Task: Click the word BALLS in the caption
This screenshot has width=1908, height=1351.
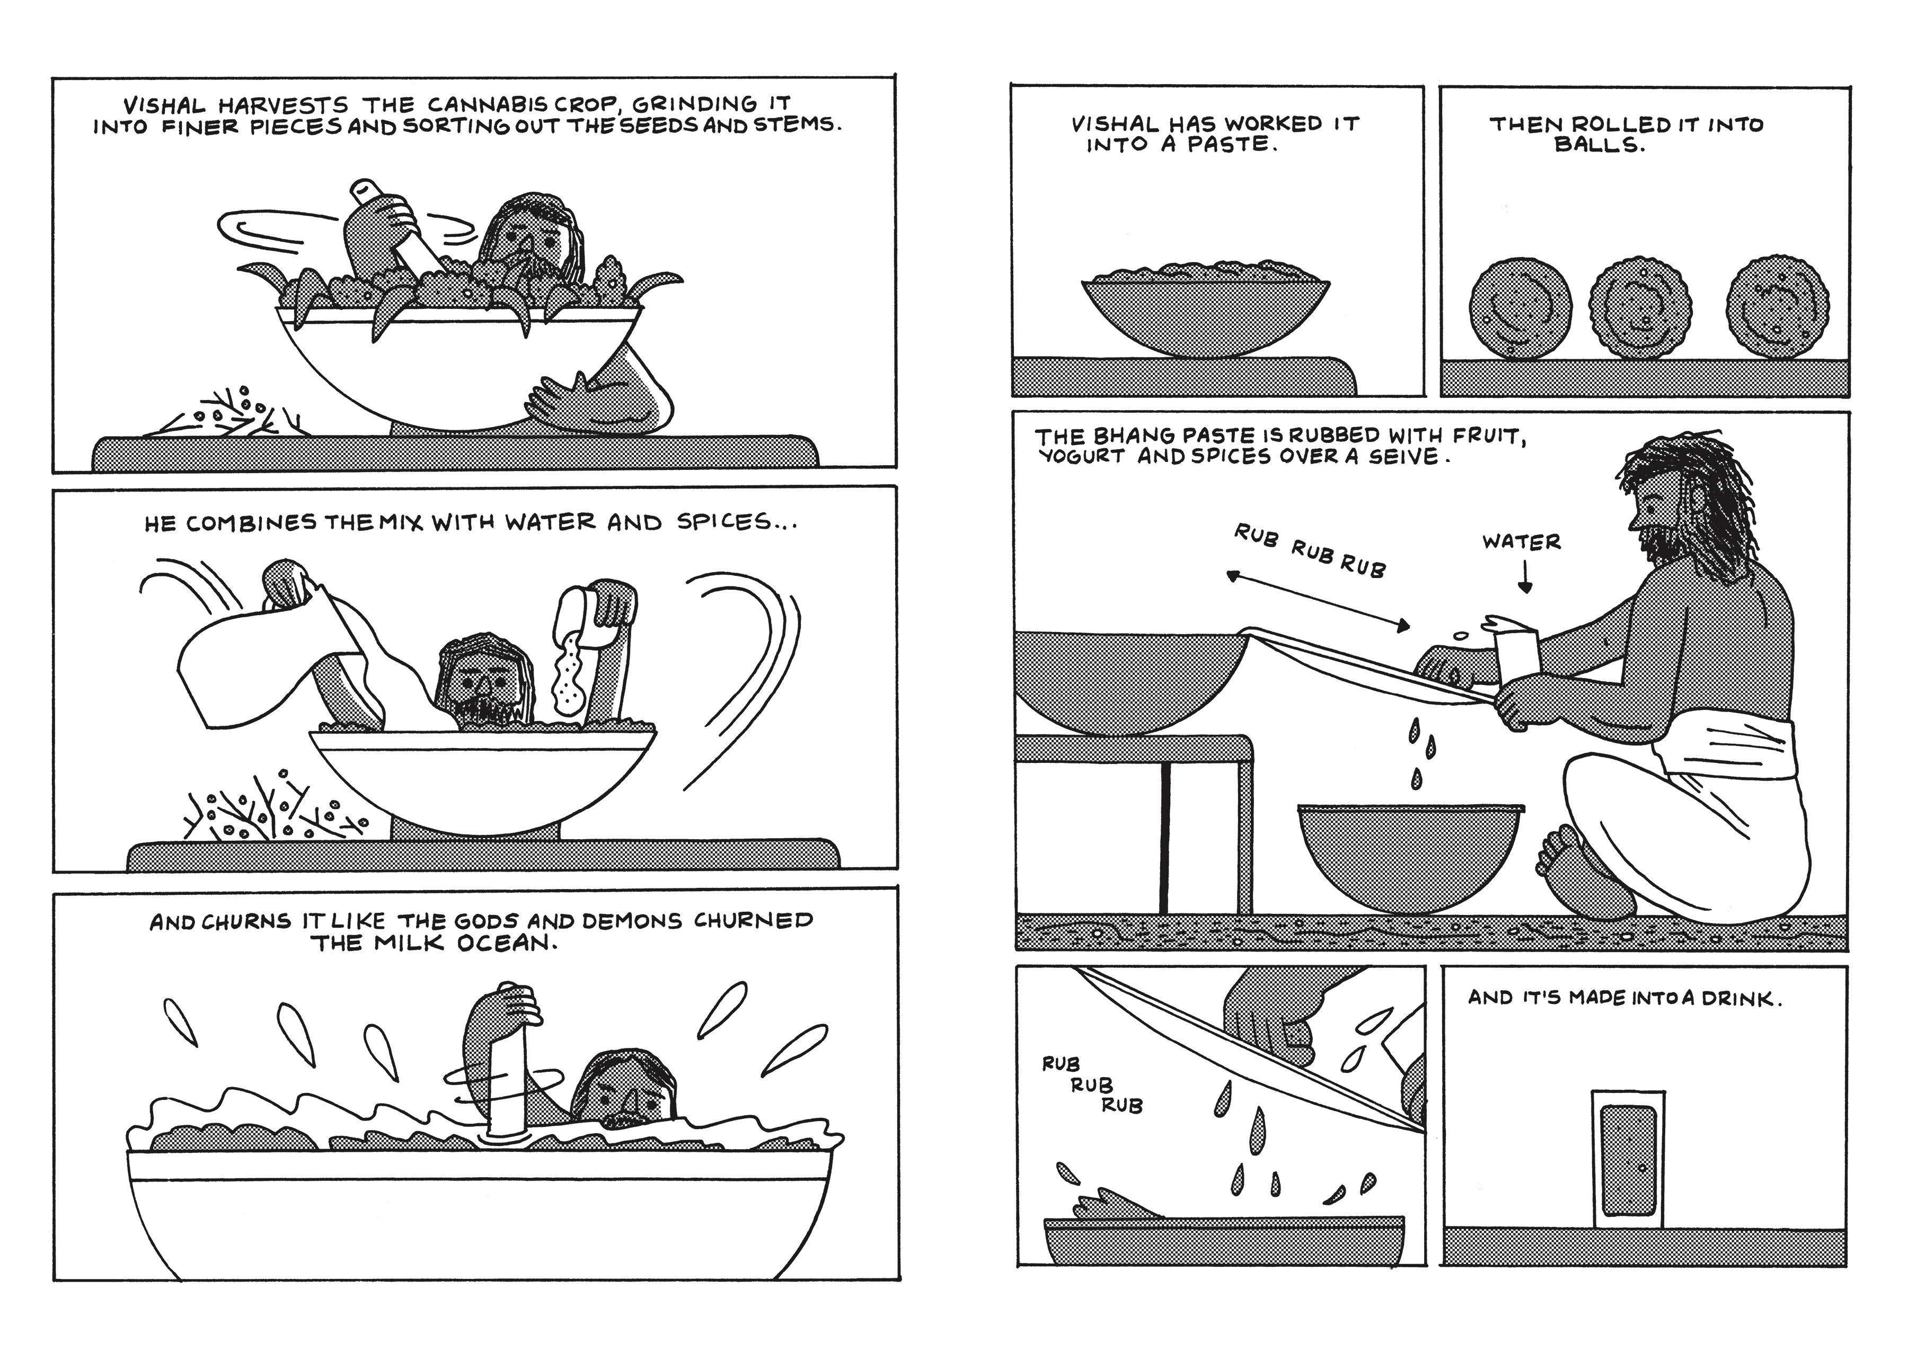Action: click(1600, 146)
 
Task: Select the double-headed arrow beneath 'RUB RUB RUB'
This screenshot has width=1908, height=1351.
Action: click(1318, 600)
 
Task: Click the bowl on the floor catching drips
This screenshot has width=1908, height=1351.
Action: click(1410, 858)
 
